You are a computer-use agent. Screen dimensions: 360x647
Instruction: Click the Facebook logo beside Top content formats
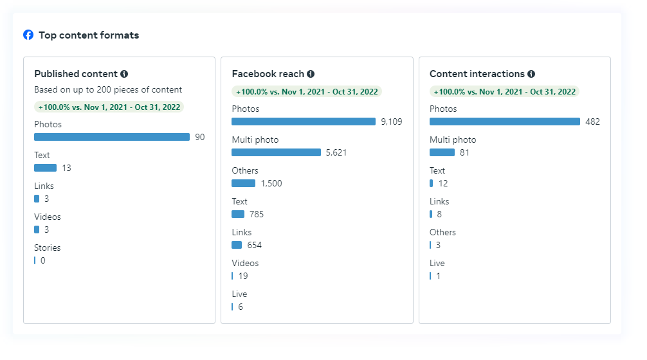coord(28,35)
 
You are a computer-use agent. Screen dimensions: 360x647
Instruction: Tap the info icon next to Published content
coord(124,74)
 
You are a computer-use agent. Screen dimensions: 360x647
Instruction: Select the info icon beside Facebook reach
coord(311,74)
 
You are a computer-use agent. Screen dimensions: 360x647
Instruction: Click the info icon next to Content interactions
coord(531,74)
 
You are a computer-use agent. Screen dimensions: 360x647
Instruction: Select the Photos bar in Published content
coord(112,137)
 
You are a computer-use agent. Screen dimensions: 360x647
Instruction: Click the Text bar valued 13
coord(45,168)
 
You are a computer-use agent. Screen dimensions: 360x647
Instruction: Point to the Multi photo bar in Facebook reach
coord(276,152)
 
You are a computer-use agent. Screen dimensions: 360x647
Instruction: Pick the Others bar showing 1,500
coord(243,183)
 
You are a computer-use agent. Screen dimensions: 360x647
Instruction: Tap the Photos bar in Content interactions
coord(505,122)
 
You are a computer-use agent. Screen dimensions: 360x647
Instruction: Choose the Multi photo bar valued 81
coord(442,152)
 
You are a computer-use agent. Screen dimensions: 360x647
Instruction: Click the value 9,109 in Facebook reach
coord(392,122)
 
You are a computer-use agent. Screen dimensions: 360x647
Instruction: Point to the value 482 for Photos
coord(592,122)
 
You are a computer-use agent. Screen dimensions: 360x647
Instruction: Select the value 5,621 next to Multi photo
coord(336,152)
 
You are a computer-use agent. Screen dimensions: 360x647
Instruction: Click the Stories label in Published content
coord(48,248)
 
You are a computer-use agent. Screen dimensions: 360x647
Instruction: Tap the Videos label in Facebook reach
coord(245,263)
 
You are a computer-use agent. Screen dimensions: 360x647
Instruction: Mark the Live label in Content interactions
coord(437,263)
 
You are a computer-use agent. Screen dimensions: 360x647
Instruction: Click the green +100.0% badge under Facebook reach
coord(307,91)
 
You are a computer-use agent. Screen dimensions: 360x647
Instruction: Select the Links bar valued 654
coord(237,245)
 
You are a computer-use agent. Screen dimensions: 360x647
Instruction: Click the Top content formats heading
coord(89,35)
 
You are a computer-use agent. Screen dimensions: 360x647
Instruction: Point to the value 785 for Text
coord(257,214)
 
